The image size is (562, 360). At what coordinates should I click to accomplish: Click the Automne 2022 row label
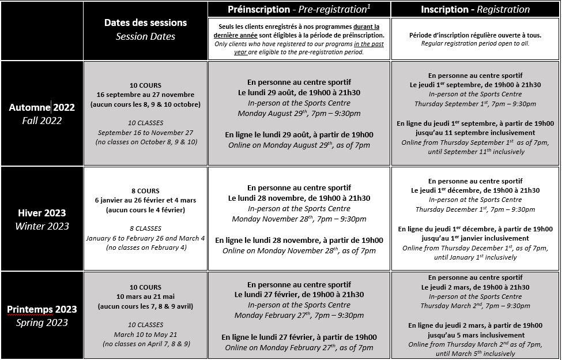click(42, 107)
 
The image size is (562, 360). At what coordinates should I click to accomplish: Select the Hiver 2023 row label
click(42, 213)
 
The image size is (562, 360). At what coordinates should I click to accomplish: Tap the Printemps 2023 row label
click(42, 309)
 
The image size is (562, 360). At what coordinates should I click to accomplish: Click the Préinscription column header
click(299, 9)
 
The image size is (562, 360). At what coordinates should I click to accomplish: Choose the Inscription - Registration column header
click(475, 9)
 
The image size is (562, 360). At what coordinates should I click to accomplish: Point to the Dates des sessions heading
click(145, 22)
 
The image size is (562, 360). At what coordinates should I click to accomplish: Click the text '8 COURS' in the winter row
click(145, 191)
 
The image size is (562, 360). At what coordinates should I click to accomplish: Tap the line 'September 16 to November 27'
click(145, 132)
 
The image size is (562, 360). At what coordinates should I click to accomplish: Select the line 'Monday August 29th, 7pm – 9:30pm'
click(299, 114)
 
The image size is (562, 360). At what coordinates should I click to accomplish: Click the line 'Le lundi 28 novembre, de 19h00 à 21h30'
click(299, 198)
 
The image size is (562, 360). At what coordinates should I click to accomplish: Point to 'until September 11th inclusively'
click(475, 152)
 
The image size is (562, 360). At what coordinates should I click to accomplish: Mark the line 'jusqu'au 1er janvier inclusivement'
click(475, 238)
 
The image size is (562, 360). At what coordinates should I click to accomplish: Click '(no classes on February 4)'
click(145, 247)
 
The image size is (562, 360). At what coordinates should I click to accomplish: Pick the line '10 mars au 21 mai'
click(145, 297)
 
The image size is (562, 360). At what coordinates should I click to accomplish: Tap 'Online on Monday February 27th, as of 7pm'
click(299, 347)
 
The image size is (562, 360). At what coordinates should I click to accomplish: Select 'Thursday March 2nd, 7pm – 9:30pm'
click(475, 306)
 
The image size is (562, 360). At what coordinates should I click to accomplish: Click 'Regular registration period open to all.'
click(475, 43)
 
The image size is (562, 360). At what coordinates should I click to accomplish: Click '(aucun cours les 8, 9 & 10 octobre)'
click(145, 104)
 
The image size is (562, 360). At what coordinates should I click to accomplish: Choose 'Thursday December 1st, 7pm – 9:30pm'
click(475, 209)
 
